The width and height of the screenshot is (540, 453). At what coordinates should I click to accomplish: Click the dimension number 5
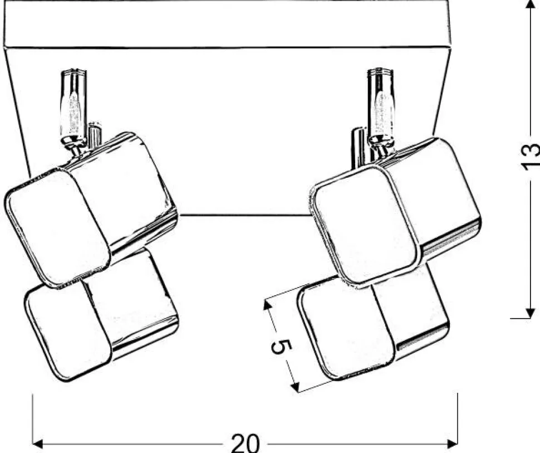tap(281, 347)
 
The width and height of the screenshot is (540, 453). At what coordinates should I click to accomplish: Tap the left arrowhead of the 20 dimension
tap(37, 444)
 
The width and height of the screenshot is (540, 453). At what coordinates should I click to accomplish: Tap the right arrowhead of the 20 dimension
tap(452, 444)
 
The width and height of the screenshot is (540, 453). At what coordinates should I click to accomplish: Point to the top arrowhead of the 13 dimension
tap(529, 6)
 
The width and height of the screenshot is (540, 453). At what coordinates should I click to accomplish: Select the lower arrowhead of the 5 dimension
tap(295, 387)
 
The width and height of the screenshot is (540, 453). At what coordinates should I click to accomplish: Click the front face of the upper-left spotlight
tap(57, 228)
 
